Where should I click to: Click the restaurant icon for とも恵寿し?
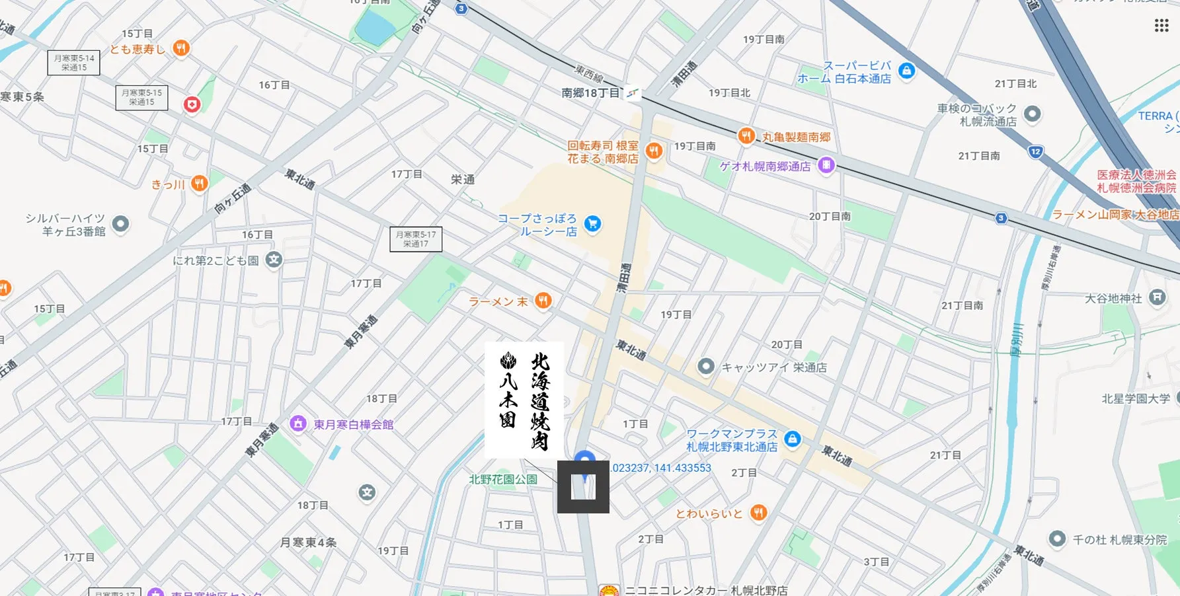tap(181, 48)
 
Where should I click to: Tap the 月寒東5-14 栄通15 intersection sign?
tap(74, 63)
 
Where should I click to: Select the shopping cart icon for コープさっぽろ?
tap(592, 224)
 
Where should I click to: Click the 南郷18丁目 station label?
tap(590, 93)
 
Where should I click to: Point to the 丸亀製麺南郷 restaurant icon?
tap(746, 136)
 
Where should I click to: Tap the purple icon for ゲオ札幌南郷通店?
tap(826, 165)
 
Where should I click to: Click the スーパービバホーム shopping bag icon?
tap(907, 71)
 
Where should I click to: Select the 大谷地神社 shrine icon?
tap(1157, 297)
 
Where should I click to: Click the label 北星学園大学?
tap(1136, 399)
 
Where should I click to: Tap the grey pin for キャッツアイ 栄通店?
tap(706, 366)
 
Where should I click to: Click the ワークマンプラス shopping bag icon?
tap(792, 439)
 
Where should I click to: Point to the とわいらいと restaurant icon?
tap(759, 513)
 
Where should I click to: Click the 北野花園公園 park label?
tap(503, 480)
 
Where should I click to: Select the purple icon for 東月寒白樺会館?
tap(298, 424)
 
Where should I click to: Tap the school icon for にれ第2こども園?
tap(274, 260)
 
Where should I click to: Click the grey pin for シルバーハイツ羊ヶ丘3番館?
tap(120, 224)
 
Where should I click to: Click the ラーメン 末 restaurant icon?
tap(543, 301)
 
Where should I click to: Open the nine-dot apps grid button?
tap(1161, 25)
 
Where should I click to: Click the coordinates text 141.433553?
tap(682, 468)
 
